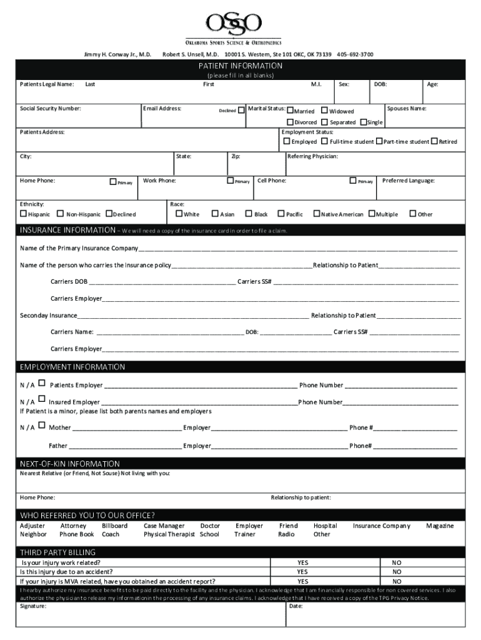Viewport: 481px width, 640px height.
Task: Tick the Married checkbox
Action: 290,111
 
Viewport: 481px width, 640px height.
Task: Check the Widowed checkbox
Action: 325,111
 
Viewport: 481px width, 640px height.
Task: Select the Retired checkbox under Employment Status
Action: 435,141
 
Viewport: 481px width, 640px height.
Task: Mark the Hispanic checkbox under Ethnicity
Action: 23,214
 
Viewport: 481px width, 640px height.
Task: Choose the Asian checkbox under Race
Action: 215,214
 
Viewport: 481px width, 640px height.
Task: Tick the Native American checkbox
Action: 316,214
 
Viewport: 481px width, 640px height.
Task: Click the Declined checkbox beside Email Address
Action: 242,110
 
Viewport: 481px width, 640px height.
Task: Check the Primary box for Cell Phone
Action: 353,181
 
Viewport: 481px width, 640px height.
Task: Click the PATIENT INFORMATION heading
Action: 241,66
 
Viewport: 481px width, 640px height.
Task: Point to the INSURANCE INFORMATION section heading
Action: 66,230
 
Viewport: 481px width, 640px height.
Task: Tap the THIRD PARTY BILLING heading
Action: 58,552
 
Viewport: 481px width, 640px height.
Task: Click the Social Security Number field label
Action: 51,109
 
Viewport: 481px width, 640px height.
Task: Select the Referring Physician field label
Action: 312,156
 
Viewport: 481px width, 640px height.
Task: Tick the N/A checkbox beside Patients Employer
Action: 42,383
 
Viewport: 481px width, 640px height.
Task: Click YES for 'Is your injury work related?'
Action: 302,562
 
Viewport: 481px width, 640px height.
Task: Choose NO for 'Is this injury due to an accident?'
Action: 397,571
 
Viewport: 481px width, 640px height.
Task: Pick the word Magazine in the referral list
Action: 440,526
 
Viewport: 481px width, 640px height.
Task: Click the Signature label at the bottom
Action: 33,606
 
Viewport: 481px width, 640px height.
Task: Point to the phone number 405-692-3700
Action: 355,54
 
